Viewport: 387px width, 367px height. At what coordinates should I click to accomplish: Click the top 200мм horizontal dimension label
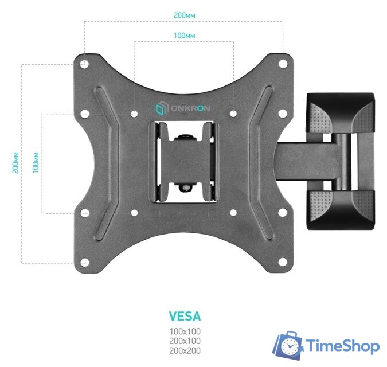point(185,15)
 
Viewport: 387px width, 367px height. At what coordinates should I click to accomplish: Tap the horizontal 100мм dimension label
point(185,36)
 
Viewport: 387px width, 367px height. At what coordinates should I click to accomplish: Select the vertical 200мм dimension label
point(15,163)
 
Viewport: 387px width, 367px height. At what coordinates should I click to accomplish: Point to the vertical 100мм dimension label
point(36,163)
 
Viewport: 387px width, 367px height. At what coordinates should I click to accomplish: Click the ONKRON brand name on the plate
point(190,108)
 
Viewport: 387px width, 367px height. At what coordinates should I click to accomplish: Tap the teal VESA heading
point(185,316)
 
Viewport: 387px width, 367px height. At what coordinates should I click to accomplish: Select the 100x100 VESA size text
point(185,331)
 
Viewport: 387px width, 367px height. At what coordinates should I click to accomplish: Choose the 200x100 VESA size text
point(185,341)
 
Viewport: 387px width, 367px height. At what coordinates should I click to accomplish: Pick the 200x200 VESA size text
point(185,351)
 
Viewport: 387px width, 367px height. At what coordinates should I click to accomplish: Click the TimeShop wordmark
point(343,346)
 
